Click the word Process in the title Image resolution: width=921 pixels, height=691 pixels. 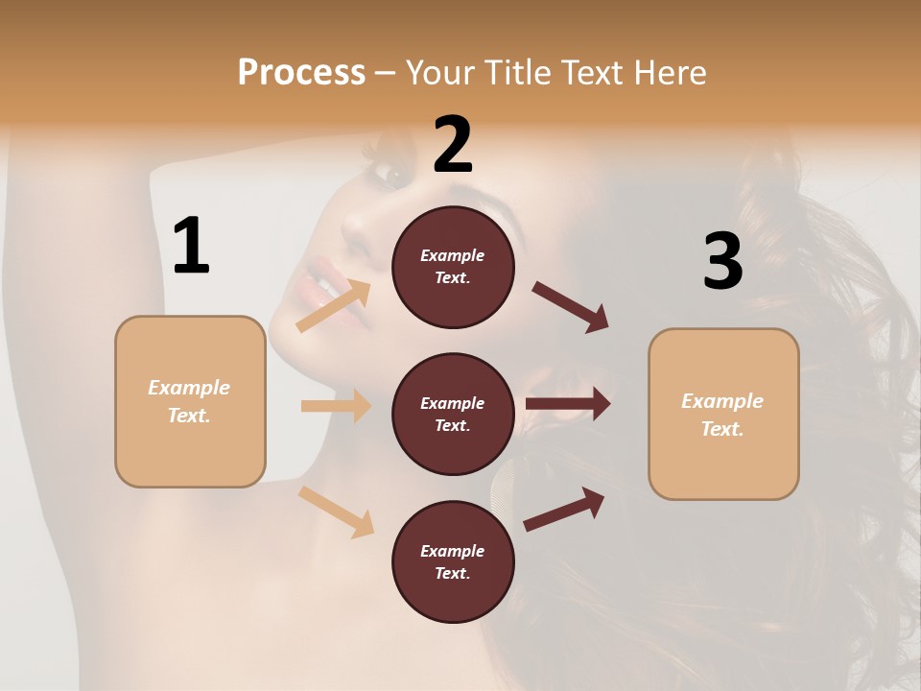tap(301, 73)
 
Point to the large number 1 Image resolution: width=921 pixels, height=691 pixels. tap(191, 247)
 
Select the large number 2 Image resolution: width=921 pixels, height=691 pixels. tap(453, 145)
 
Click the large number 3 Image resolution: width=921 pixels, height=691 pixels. tap(723, 261)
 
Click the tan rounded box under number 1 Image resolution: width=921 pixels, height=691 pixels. tap(190, 401)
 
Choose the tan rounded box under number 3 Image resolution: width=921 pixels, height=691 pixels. tap(723, 415)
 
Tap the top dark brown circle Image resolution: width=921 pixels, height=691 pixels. tap(453, 267)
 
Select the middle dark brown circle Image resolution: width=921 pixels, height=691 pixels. tap(453, 415)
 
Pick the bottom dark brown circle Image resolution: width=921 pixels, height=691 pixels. tap(453, 562)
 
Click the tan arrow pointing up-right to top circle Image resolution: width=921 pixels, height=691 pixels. tap(334, 306)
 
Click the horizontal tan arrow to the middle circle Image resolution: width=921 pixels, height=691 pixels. tap(336, 406)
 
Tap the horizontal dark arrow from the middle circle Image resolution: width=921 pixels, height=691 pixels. tap(568, 404)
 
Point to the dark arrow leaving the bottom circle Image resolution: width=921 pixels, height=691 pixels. tap(564, 509)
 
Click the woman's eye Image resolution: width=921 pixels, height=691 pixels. tap(392, 174)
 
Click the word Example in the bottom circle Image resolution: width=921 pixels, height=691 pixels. tap(453, 551)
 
